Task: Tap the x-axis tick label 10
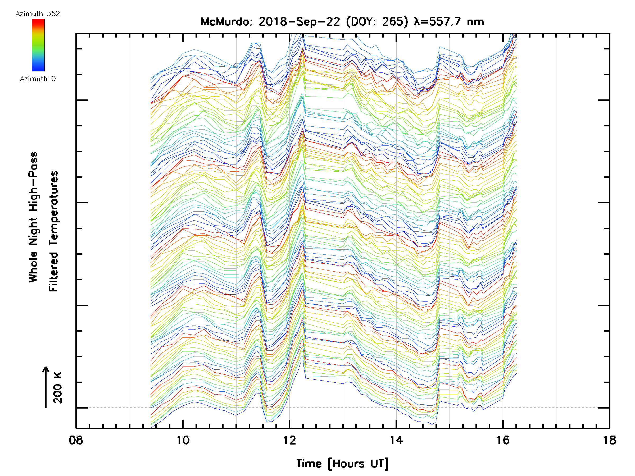pos(183,440)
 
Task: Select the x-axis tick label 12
pos(289,440)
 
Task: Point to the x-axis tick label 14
pos(396,440)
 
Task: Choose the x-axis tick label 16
pos(503,440)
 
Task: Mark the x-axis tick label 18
pos(609,440)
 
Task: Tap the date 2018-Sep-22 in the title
pos(299,22)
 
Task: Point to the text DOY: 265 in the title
pos(377,22)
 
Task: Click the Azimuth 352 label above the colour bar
pos(38,14)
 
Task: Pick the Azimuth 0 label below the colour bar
pos(38,79)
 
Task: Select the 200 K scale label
pos(58,388)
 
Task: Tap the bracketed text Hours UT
pos(358,464)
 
